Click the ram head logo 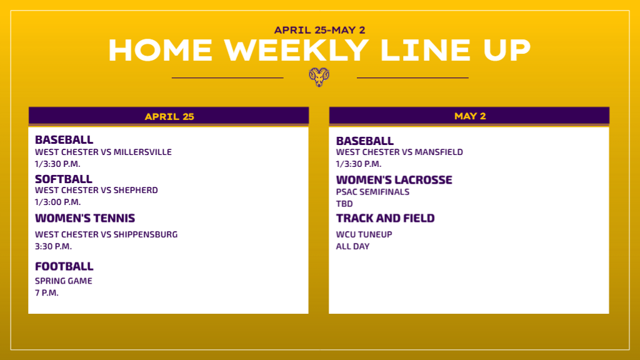click(x=319, y=77)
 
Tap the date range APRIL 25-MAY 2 click(x=319, y=30)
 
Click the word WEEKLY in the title click(x=296, y=51)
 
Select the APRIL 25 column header click(x=169, y=117)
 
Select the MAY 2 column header click(x=470, y=116)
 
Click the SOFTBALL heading click(x=64, y=179)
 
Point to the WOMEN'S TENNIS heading click(x=85, y=218)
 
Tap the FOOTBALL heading click(x=64, y=266)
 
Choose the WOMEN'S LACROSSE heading click(x=394, y=180)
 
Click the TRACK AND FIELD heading click(x=385, y=218)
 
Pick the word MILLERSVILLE click(x=142, y=152)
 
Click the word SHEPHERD click(x=136, y=190)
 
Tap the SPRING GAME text click(x=64, y=281)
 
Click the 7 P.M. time click(x=47, y=292)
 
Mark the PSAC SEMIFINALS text click(x=372, y=192)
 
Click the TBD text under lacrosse click(x=344, y=204)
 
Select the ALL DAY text click(x=352, y=246)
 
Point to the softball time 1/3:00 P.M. click(x=58, y=202)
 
